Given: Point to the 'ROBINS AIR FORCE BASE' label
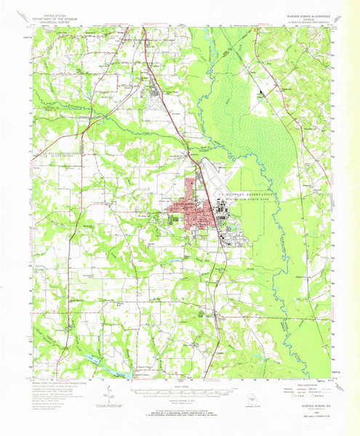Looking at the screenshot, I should tap(247, 203).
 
